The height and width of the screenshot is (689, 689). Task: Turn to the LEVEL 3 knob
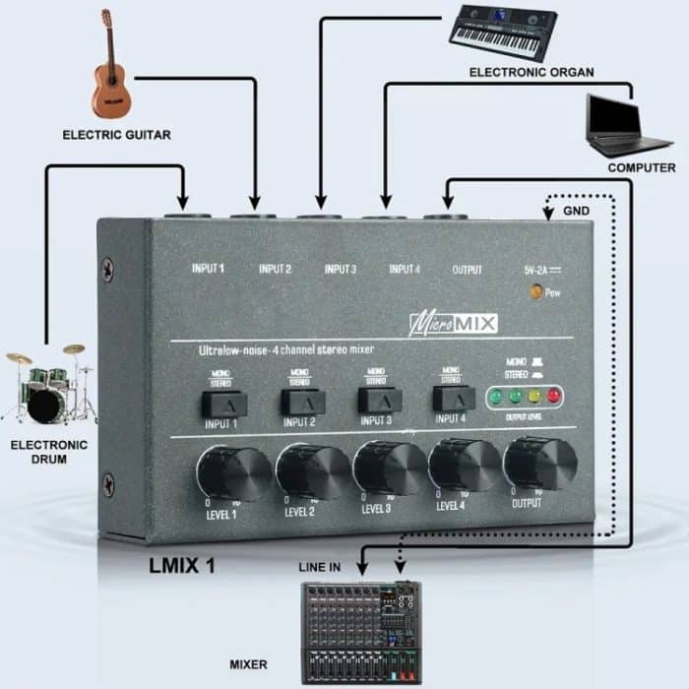click(389, 468)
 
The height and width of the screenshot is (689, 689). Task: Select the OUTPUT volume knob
click(539, 461)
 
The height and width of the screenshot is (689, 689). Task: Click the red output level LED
click(553, 396)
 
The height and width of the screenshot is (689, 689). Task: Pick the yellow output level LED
click(533, 396)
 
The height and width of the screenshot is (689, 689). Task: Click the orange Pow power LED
click(536, 292)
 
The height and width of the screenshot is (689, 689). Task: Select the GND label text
click(577, 212)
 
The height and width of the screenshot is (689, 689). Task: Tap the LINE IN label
click(320, 568)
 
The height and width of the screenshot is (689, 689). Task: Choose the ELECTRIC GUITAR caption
click(116, 134)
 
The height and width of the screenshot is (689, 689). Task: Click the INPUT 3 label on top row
click(340, 269)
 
